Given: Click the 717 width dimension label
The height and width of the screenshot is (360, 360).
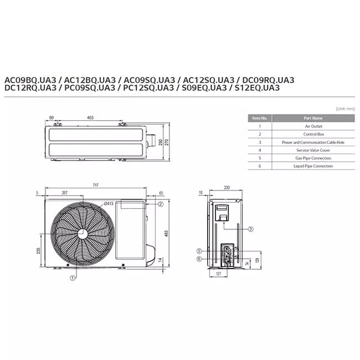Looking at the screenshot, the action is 95,185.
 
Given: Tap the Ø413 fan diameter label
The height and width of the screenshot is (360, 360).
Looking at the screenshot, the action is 109,203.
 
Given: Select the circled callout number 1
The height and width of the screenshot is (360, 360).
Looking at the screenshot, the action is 73,278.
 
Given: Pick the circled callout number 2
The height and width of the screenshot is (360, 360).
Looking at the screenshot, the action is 161,204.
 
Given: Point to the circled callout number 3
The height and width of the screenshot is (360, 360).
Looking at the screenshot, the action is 251,229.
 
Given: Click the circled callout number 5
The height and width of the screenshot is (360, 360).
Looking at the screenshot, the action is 199,251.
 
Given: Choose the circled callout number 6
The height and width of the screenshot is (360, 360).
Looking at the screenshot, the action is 199,259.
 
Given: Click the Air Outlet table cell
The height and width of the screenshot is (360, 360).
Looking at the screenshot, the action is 313,126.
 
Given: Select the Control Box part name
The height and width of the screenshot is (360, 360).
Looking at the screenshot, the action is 313,134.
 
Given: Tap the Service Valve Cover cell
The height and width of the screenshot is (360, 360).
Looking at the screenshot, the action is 313,150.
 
